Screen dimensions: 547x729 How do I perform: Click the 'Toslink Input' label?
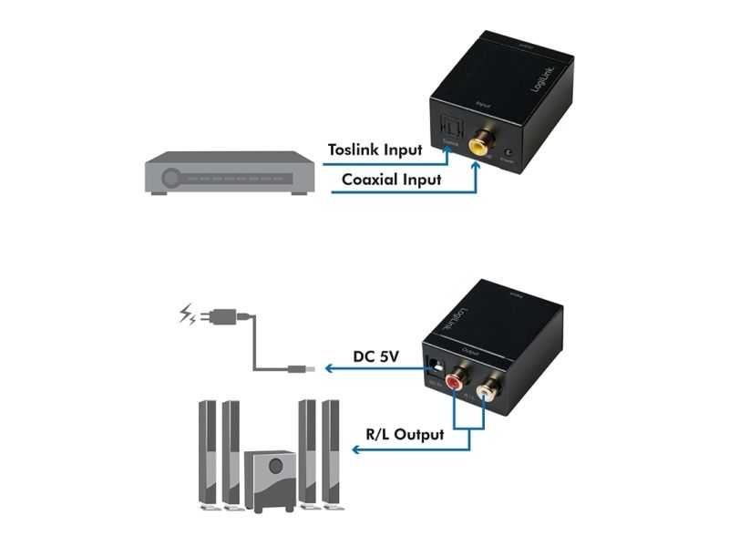pos(375,150)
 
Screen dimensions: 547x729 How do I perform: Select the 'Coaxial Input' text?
pos(391,180)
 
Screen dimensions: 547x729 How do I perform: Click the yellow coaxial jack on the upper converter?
pos(477,143)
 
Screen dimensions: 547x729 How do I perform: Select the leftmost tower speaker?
pos(207,453)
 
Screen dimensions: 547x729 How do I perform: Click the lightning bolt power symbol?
pos(188,316)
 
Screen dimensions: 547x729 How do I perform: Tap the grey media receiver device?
pos(231,174)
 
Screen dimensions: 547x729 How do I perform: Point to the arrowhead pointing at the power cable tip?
pos(331,369)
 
